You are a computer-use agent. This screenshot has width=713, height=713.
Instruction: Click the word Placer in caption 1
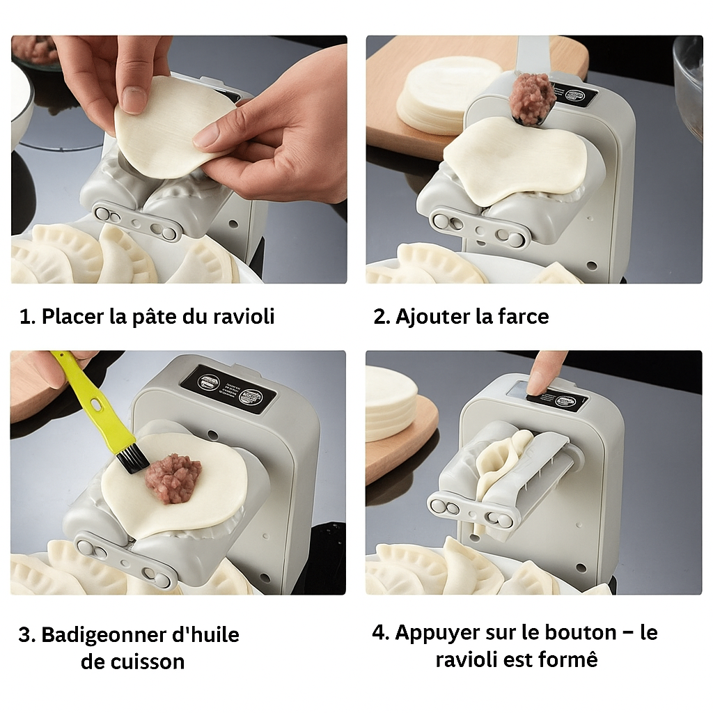pos(72,317)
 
